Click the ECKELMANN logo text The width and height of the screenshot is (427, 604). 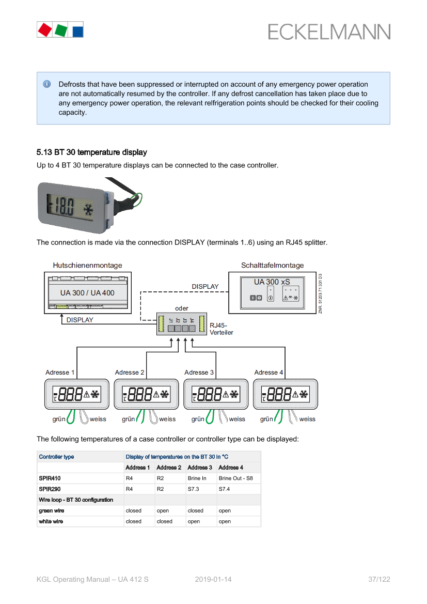pyautogui.click(x=329, y=32)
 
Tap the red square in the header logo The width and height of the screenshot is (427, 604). pyautogui.click(x=44, y=29)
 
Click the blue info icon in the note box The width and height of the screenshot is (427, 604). pyautogui.click(x=47, y=84)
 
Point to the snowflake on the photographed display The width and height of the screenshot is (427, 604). pyautogui.click(x=88, y=210)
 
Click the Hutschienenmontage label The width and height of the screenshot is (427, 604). pyautogui.click(x=87, y=266)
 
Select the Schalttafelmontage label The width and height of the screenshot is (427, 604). pyautogui.click(x=272, y=266)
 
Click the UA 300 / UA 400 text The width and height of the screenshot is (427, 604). pyautogui.click(x=87, y=293)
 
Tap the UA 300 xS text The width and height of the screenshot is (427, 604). pyautogui.click(x=272, y=282)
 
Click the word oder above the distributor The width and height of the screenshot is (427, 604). pyautogui.click(x=182, y=308)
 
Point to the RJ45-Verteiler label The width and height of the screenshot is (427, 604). pyautogui.click(x=221, y=329)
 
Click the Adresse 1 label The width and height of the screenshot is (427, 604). pyautogui.click(x=60, y=373)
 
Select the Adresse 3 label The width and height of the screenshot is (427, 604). pyautogui.click(x=199, y=373)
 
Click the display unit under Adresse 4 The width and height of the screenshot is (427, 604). pyautogui.click(x=285, y=395)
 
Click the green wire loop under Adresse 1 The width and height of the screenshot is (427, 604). pyautogui.click(x=72, y=416)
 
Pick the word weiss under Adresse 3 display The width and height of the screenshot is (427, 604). pyautogui.click(x=238, y=419)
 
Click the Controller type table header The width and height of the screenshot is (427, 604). pyautogui.click(x=56, y=457)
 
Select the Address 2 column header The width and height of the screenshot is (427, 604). pyautogui.click(x=169, y=468)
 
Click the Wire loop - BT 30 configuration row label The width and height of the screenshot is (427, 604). pyautogui.click(x=76, y=500)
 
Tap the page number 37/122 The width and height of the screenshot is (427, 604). pyautogui.click(x=379, y=579)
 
